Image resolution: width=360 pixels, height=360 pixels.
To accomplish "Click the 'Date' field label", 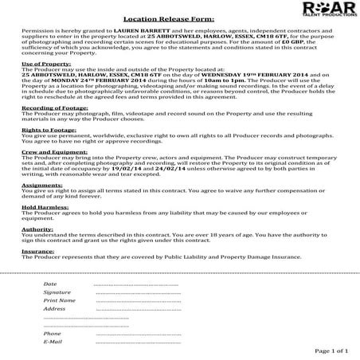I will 49,284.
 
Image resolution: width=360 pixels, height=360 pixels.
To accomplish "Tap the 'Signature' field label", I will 57,292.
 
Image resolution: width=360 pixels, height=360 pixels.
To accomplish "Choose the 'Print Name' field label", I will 59,300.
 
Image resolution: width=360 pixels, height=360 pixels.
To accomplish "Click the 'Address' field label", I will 54,308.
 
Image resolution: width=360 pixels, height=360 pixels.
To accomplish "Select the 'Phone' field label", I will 52,333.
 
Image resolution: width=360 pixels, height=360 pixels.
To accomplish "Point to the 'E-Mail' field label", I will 53,341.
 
